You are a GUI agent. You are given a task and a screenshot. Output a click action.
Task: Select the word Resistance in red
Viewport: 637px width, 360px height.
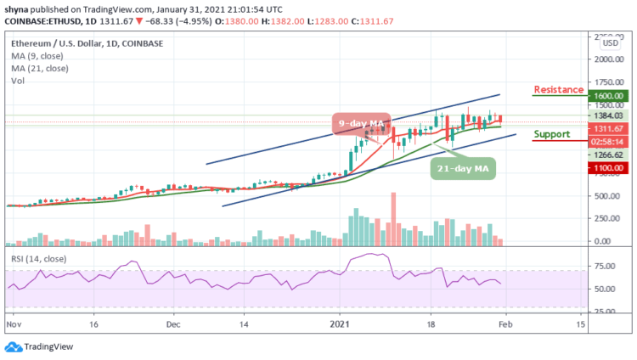[x=558, y=89]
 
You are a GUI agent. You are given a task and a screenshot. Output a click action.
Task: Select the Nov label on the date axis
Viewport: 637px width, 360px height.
[x=14, y=323]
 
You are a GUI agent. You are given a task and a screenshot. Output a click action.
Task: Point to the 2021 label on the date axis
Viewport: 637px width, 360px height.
[x=340, y=323]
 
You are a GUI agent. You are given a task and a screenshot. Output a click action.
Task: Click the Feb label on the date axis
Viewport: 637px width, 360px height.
[x=503, y=323]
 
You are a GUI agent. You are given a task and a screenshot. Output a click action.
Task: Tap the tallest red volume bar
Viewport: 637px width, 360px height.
[x=393, y=217]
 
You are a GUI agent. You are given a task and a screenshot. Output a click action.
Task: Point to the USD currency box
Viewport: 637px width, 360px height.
[x=610, y=42]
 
